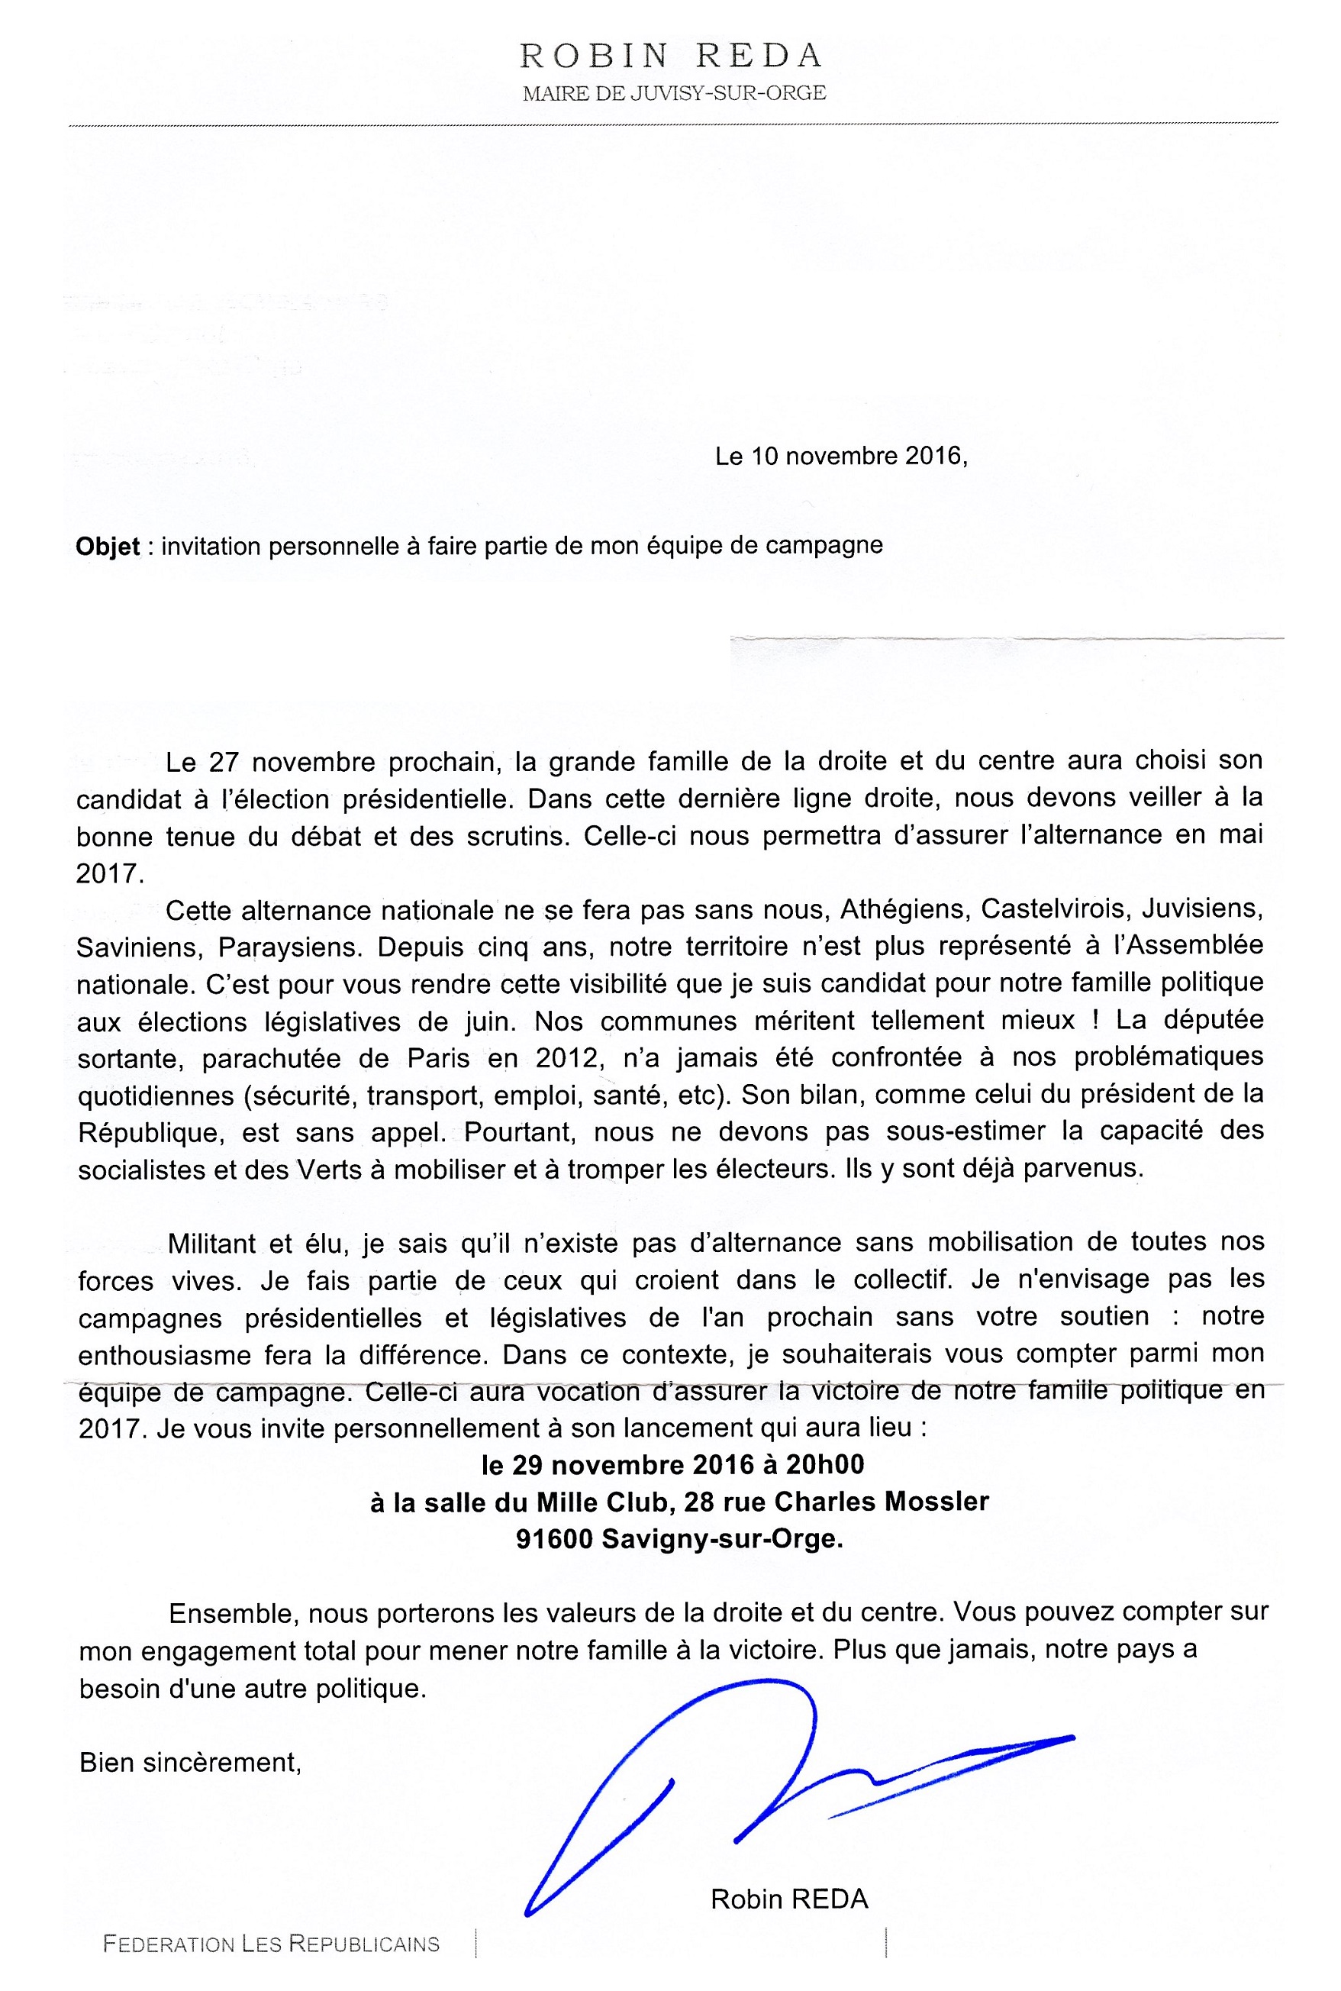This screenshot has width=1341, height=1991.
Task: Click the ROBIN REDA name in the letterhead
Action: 672,57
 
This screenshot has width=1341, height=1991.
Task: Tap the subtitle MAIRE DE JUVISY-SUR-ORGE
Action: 674,93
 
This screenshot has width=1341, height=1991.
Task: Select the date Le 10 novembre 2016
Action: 840,456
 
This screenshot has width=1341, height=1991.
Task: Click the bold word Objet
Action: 108,547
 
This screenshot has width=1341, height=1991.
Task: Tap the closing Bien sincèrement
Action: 190,1739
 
